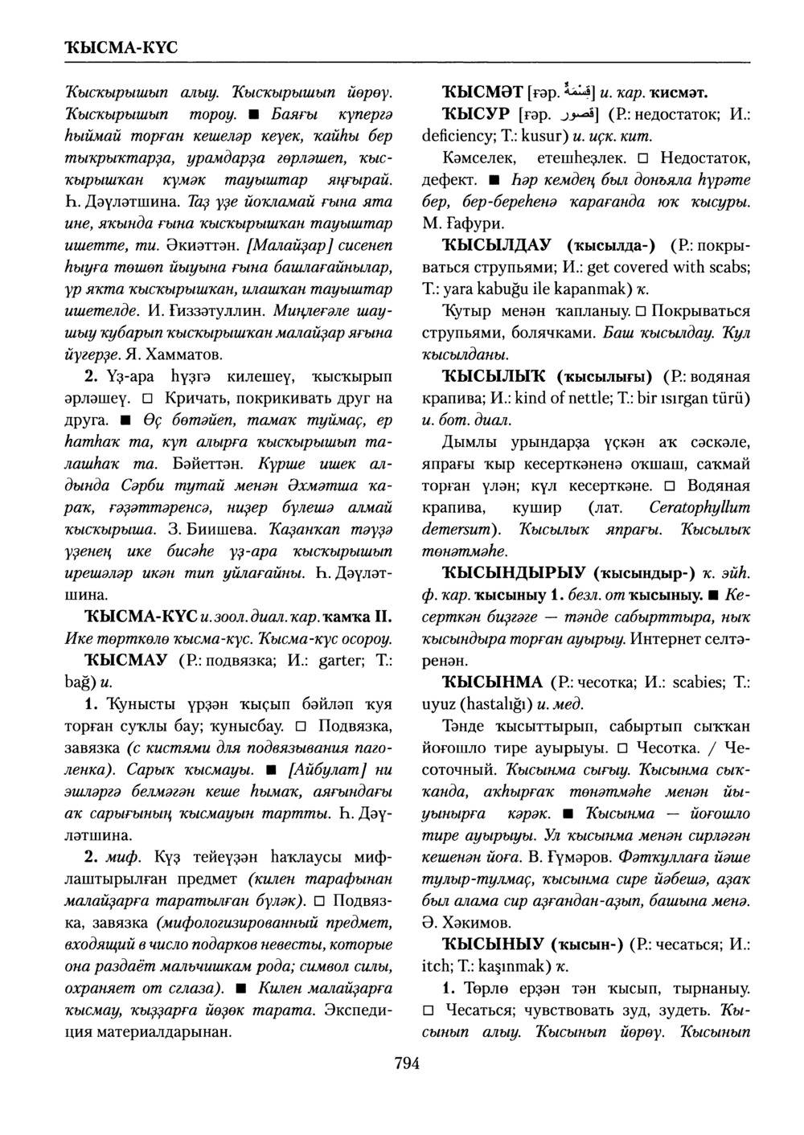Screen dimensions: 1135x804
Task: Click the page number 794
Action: (407, 1063)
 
